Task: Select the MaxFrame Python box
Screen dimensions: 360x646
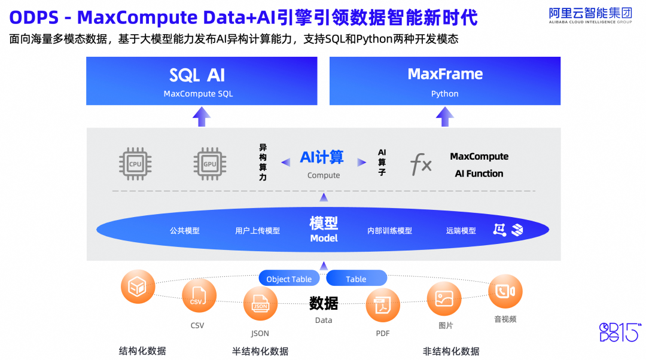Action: [445, 81]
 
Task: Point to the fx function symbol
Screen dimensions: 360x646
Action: [420, 164]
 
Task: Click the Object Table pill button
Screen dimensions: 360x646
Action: [289, 279]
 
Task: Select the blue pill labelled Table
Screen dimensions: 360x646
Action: [356, 279]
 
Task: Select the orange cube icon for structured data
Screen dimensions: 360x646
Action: [138, 286]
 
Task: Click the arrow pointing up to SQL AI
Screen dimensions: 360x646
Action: [202, 117]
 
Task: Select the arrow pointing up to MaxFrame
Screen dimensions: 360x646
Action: [444, 117]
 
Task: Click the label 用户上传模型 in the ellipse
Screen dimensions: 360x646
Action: [257, 231]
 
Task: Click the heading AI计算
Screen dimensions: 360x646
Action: [322, 157]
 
